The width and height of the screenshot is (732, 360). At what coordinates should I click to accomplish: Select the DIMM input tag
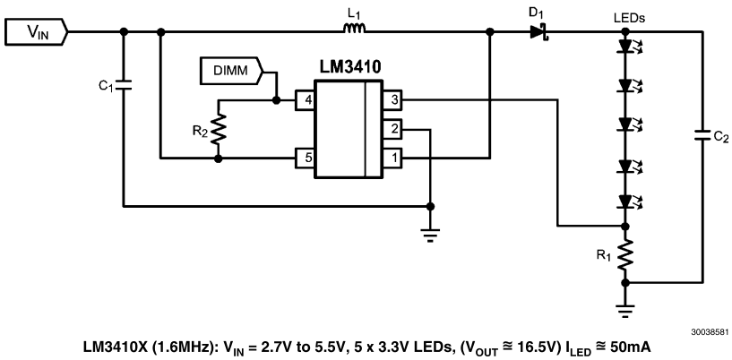[228, 68]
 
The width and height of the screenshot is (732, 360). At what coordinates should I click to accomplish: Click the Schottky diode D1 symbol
[538, 32]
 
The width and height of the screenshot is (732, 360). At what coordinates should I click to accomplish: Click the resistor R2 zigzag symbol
[219, 129]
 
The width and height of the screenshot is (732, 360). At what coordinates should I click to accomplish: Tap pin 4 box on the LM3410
[306, 100]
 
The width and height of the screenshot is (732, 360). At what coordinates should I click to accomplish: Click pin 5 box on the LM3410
[306, 159]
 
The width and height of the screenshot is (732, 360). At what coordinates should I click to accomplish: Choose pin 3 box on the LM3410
[392, 100]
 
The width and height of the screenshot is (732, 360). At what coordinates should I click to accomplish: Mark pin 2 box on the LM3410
[392, 129]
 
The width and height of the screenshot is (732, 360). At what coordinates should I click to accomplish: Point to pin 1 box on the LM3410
[392, 159]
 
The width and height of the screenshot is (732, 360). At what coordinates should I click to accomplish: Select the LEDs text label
[628, 17]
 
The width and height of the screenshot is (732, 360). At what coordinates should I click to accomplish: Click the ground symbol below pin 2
[430, 236]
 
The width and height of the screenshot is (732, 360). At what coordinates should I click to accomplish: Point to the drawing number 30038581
[708, 330]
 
